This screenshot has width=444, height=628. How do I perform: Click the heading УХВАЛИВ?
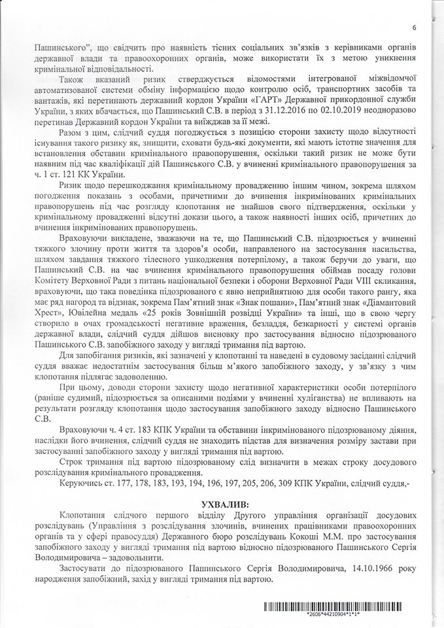pos(222,506)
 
